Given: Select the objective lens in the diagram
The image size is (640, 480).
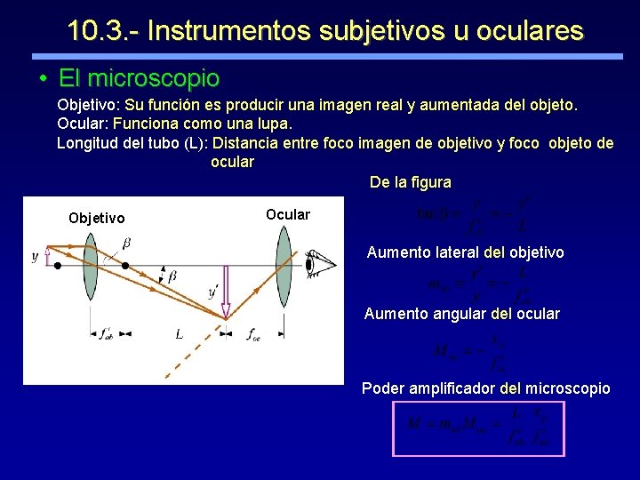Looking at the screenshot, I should coord(90,264).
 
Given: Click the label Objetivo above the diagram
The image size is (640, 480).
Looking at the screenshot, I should coord(97,219).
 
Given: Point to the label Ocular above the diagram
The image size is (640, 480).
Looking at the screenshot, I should coord(288,214).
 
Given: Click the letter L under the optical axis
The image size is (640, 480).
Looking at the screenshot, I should coord(179,334).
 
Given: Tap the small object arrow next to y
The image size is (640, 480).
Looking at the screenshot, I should coord(47,258).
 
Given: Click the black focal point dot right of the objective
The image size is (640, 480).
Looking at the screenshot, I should coord(125,265).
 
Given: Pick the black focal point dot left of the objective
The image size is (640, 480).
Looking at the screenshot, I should coord(58,265).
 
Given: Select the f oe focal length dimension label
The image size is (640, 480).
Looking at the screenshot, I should coord(253,336).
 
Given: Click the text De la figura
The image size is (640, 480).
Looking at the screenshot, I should coord(410,182).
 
